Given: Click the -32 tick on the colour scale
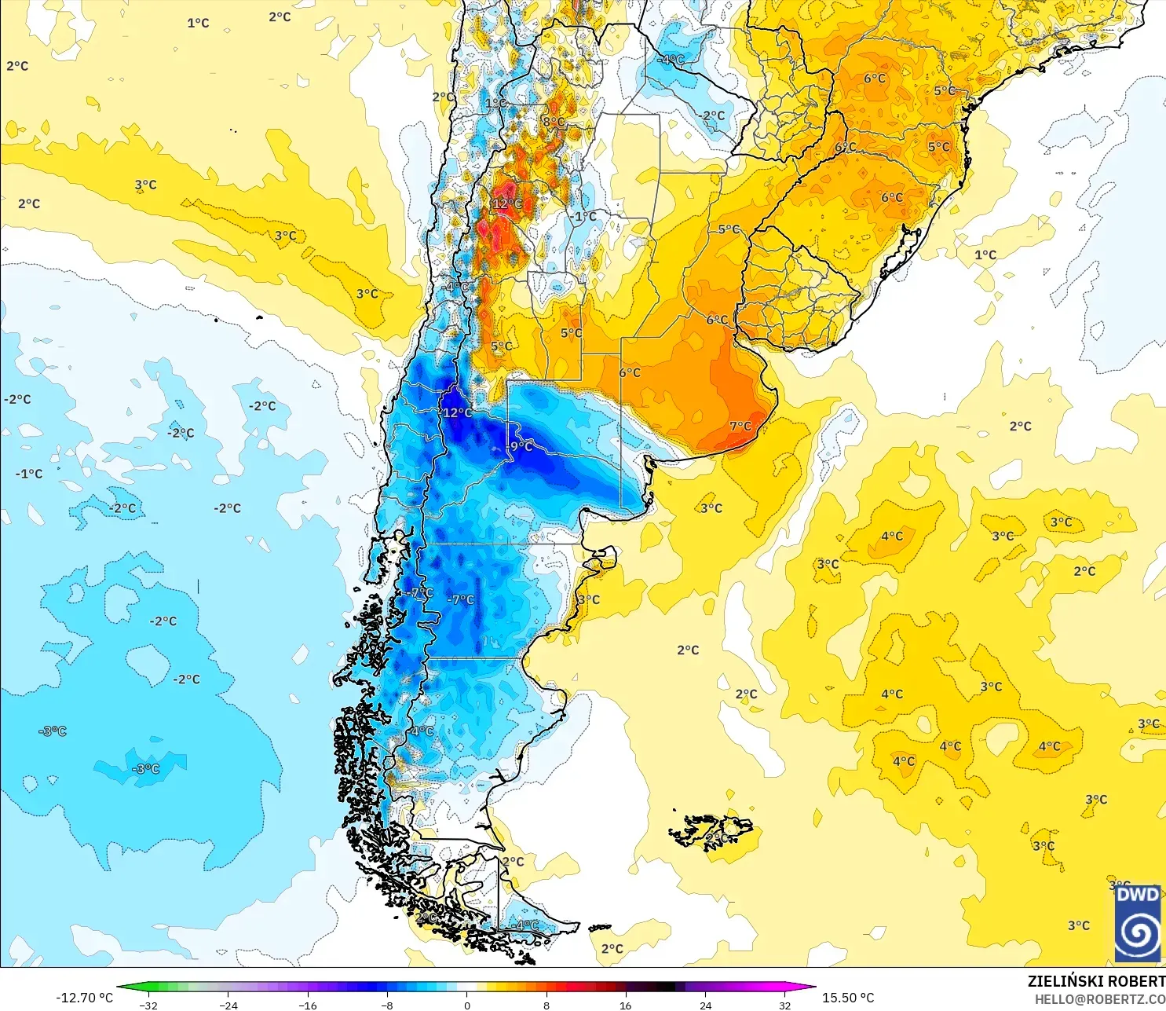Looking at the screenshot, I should click(148, 1005).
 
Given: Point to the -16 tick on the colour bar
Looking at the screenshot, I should click(308, 1005).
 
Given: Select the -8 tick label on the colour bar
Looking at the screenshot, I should click(387, 1005).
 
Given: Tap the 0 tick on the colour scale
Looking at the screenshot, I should click(467, 1005).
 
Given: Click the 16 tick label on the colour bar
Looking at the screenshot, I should click(625, 1005).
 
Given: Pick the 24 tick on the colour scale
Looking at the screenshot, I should click(705, 1005).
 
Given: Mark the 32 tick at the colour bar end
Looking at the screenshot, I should click(784, 1005).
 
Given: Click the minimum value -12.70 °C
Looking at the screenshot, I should click(84, 998).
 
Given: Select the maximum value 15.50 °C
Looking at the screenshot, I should click(848, 998).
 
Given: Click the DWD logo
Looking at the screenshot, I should click(1138, 923).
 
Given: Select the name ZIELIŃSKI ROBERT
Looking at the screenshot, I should click(1096, 981).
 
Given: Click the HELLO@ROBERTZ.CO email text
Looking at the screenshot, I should click(1099, 999).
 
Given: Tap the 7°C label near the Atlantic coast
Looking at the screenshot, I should click(740, 427).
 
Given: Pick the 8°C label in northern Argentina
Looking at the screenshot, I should click(554, 122).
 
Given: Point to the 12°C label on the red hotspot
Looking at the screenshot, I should click(506, 203).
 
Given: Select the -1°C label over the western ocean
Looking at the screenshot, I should click(29, 474).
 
